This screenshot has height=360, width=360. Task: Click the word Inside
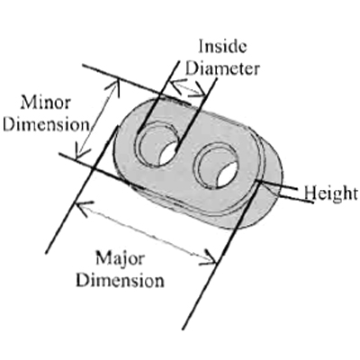(222, 47)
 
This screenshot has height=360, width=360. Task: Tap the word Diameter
(223, 68)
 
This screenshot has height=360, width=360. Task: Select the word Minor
(46, 103)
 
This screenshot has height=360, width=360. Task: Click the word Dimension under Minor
(47, 124)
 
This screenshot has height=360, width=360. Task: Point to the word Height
(331, 193)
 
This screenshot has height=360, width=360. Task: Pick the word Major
(120, 259)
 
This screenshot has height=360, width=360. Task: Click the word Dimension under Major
(120, 281)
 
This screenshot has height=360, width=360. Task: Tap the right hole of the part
(219, 165)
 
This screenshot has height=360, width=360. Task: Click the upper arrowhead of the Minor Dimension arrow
(114, 87)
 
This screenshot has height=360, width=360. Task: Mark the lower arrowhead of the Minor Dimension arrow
(81, 151)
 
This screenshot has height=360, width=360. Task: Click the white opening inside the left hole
(169, 154)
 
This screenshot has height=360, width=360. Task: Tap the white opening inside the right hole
(228, 174)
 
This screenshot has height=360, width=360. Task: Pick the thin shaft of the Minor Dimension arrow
(96, 118)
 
